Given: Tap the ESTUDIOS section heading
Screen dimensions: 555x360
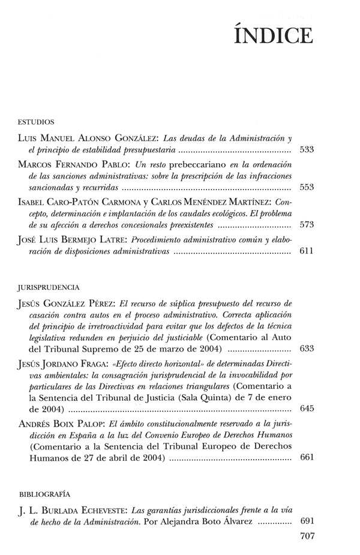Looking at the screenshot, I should [x=37, y=121].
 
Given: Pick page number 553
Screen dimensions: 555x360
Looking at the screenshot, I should [x=307, y=187].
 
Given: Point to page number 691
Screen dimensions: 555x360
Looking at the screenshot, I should [x=307, y=523].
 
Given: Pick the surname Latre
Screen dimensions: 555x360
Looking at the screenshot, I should [x=116, y=241].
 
